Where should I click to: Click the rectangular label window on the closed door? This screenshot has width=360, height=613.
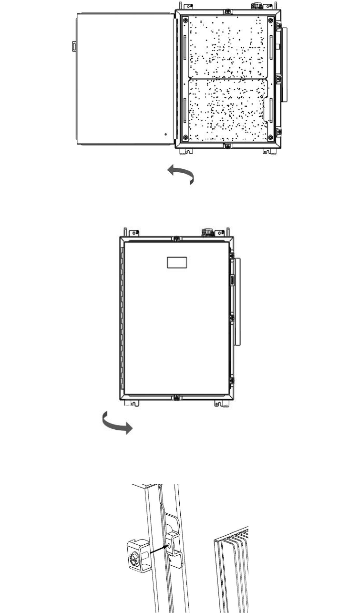coord(176,262)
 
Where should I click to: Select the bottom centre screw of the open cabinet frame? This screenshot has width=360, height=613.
coord(228,145)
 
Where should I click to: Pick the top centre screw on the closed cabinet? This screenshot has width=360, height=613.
coord(176,238)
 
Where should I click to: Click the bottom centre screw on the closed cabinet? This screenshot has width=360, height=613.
coord(176,397)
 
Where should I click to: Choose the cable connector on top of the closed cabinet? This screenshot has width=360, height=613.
coord(207,233)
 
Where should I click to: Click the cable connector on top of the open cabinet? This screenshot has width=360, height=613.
coord(256,7)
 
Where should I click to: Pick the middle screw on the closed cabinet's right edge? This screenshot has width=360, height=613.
coord(232,317)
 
